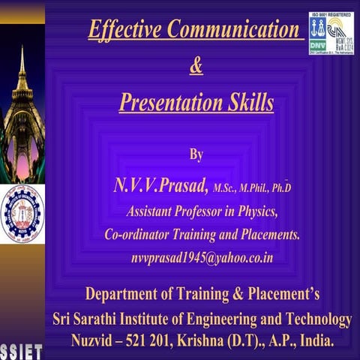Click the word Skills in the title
(x=247, y=101)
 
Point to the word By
(x=196, y=154)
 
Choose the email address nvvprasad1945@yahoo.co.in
(x=202, y=258)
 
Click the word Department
(x=129, y=292)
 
